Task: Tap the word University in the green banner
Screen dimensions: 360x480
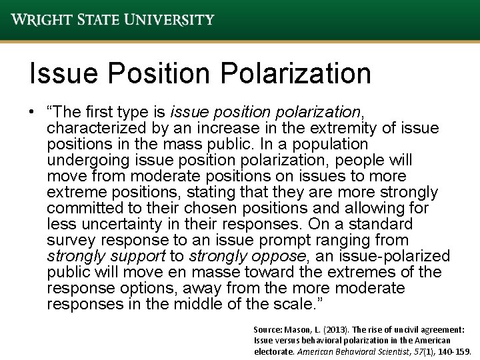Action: pos(170,19)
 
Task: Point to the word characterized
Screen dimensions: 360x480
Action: pos(95,128)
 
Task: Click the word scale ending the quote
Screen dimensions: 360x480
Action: pos(300,304)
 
